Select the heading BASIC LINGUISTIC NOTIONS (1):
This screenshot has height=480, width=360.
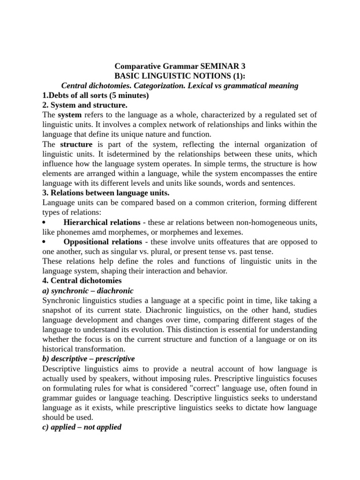tap(180, 76)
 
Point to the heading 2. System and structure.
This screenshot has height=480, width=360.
tap(85, 105)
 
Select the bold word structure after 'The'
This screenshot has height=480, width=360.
tap(76, 144)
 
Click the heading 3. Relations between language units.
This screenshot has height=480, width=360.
tap(106, 193)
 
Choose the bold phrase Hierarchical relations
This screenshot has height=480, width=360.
tap(102, 222)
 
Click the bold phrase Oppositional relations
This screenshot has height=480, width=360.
tap(102, 242)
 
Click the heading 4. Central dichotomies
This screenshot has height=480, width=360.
tap(82, 281)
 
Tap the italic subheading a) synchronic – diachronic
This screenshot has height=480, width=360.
tap(88, 291)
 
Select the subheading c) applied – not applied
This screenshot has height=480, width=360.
tap(82, 427)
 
